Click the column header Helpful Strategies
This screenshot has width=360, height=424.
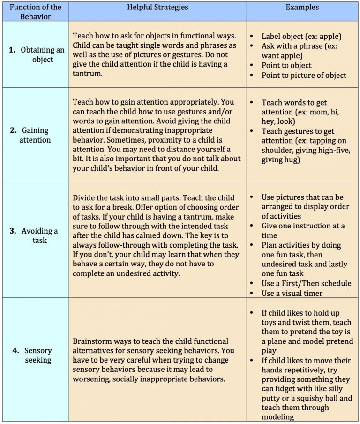click(x=157, y=8)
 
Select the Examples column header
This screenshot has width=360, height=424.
click(x=302, y=8)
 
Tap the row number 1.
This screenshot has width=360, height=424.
click(x=13, y=50)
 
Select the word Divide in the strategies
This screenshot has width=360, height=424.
click(x=84, y=197)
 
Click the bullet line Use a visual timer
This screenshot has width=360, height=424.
click(x=292, y=293)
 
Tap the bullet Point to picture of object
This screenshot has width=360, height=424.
click(x=304, y=75)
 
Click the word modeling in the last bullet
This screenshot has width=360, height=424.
click(x=278, y=417)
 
